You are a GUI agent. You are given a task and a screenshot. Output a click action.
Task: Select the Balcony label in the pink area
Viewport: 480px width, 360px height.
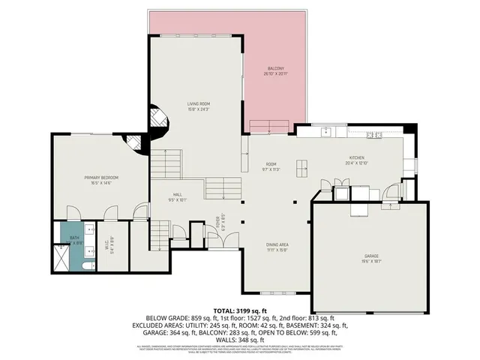click(x=275, y=71)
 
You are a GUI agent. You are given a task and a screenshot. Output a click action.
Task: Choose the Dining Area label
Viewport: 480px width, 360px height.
click(x=277, y=247)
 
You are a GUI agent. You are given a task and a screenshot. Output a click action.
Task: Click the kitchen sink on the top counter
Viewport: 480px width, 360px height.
click(x=327, y=132)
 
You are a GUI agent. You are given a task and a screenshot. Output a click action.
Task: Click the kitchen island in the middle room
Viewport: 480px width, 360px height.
click(x=301, y=166)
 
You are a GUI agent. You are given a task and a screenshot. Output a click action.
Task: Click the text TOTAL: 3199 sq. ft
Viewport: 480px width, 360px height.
click(x=240, y=309)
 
